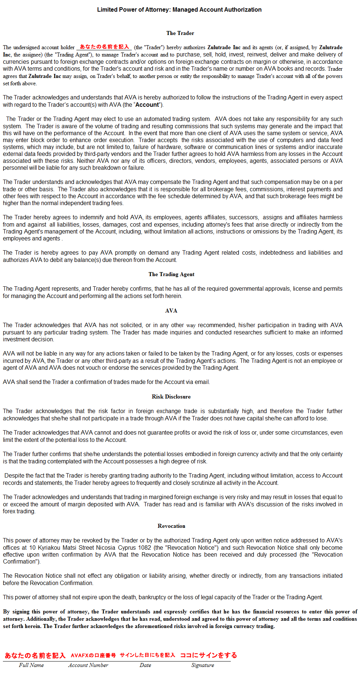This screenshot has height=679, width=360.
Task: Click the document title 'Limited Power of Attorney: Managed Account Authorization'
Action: pyautogui.click(x=179, y=10)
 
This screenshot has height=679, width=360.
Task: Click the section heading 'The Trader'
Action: pyautogui.click(x=180, y=33)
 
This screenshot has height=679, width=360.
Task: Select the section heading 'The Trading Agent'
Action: pyautogui.click(x=171, y=274)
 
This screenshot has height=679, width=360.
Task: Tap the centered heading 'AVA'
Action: pyautogui.click(x=171, y=311)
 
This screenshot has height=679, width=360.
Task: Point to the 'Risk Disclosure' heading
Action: pyautogui.click(x=171, y=397)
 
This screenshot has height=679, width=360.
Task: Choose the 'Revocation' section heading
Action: pyautogui.click(x=171, y=526)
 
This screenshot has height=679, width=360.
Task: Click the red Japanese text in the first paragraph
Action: pyautogui.click(x=104, y=47)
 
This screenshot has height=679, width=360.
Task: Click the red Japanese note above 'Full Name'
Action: pyautogui.click(x=35, y=655)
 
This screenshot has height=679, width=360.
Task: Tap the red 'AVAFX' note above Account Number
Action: pyautogui.click(x=93, y=655)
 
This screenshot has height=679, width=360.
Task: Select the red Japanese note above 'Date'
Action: pyautogui.click(x=147, y=655)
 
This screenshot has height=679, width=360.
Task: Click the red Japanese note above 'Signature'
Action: pyautogui.click(x=209, y=655)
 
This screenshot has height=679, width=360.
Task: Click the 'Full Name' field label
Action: pyautogui.click(x=31, y=665)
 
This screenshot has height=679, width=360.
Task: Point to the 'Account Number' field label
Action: pyautogui.click(x=88, y=665)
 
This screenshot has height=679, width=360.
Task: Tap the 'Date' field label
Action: pyautogui.click(x=145, y=665)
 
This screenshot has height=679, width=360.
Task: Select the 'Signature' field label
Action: pyautogui.click(x=202, y=665)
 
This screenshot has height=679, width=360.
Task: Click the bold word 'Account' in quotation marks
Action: pyautogui.click(x=147, y=105)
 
